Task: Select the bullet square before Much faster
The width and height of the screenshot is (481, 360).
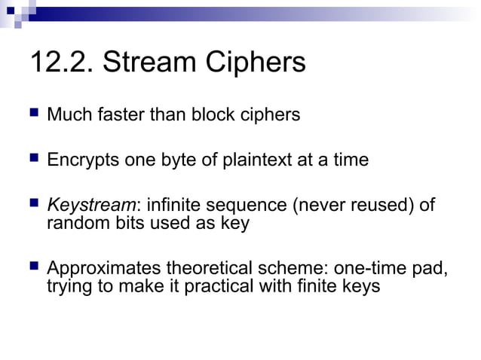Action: [x=32, y=114]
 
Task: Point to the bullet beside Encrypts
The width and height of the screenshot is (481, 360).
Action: [x=32, y=160]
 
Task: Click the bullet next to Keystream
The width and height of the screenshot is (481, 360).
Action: [x=32, y=204]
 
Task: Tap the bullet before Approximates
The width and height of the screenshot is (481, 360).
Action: [x=32, y=267]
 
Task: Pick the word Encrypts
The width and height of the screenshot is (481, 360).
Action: [x=79, y=160]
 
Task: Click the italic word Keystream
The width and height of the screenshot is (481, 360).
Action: [x=90, y=206]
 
